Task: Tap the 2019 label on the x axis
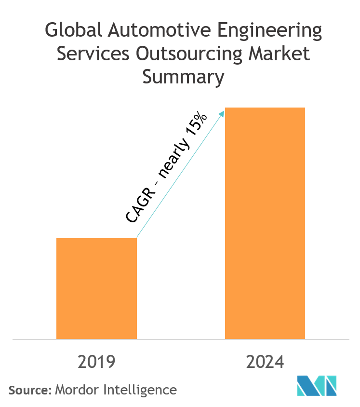(96, 362)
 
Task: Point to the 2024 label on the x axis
(266, 362)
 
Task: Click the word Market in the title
(279, 54)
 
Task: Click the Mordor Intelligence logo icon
(317, 385)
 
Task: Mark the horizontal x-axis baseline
(180, 339)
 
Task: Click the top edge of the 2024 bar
(265, 108)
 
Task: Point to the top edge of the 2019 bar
(96, 238)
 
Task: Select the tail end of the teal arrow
(138, 237)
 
